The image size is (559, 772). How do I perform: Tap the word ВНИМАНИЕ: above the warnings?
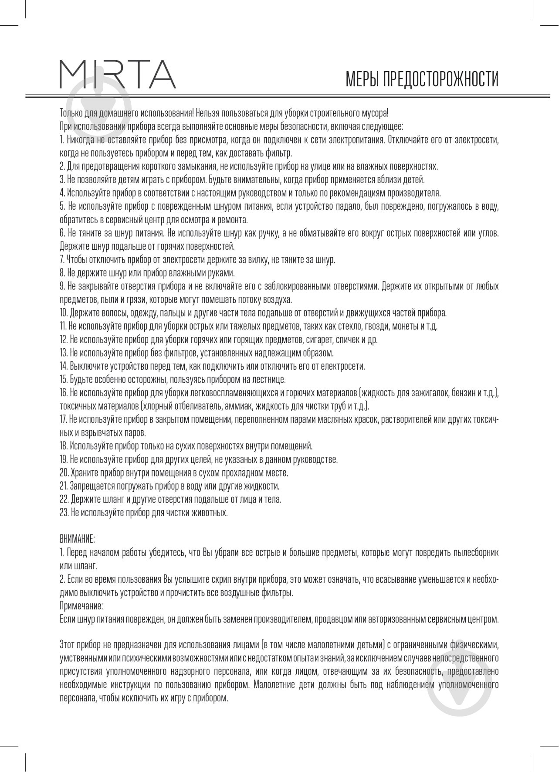tap(77, 539)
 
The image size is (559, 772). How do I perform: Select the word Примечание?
tap(81, 606)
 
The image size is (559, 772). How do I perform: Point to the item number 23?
tap(64, 513)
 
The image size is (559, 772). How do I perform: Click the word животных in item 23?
tap(213, 513)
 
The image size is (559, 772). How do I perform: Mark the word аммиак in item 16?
tap(240, 406)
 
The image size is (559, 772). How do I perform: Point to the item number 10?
tap(64, 313)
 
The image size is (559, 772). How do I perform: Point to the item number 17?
tap(64, 419)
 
